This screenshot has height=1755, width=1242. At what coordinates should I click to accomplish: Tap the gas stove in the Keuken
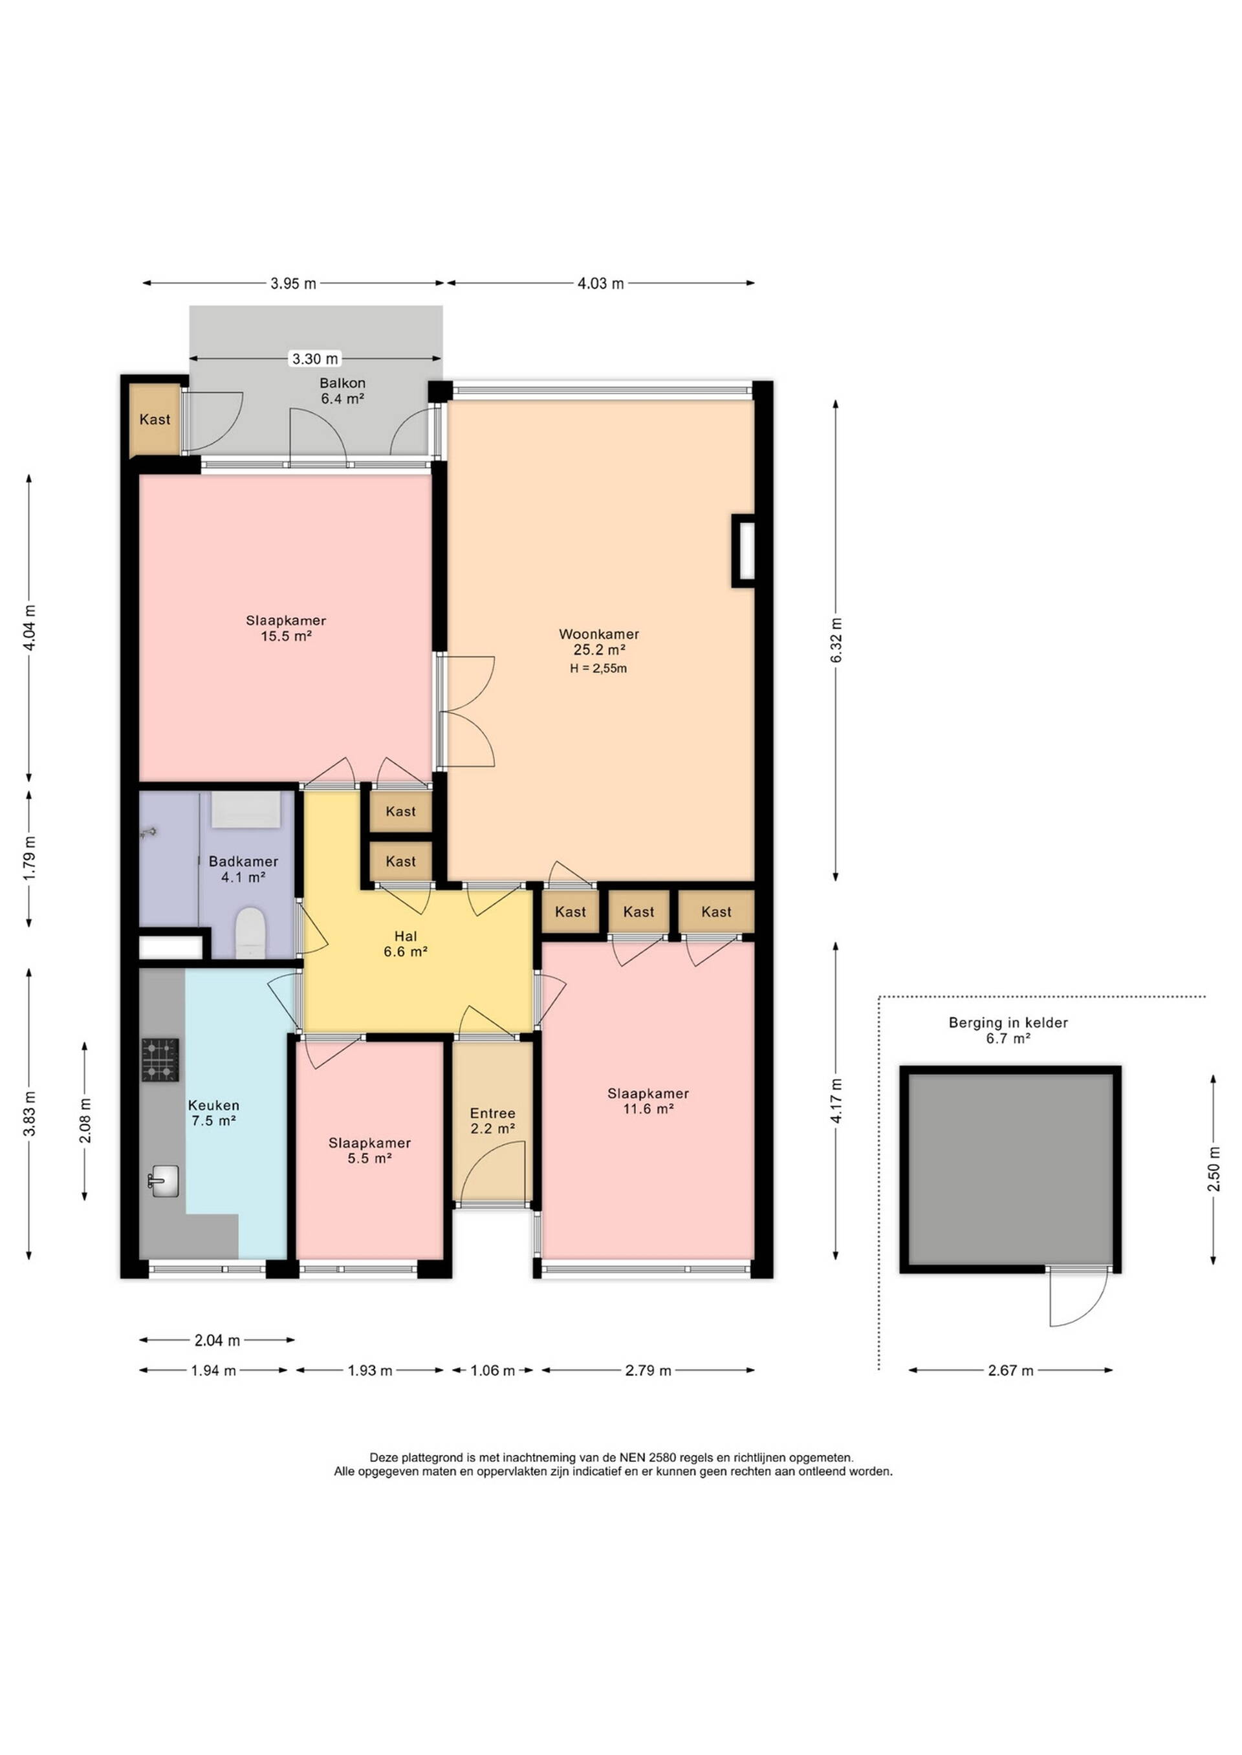pos(160,1059)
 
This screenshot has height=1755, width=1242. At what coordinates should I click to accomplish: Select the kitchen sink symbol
pos(163,1181)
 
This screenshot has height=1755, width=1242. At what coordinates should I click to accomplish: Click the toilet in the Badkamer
pos(250,932)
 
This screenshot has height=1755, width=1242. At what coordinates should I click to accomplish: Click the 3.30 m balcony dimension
pos(315,358)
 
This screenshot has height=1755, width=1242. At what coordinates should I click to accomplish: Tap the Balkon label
pos(343,383)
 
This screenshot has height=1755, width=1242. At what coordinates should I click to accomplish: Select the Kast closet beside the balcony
pos(155,420)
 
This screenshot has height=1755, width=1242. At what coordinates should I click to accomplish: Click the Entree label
pos(492,1114)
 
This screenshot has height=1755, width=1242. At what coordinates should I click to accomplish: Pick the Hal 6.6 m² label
pos(406,944)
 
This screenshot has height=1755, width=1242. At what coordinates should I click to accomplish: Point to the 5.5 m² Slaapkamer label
pos(369,1150)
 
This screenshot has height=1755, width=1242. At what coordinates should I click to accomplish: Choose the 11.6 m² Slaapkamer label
pos(649,1101)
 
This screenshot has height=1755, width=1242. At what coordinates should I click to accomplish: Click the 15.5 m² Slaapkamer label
pos(286,629)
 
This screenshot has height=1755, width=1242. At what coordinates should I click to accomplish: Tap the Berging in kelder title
pos(1008,1023)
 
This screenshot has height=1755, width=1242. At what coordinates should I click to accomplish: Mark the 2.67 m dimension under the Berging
pos(1010,1370)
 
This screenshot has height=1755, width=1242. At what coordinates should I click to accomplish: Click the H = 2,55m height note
pos(598,669)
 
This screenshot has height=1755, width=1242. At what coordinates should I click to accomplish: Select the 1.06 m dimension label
pos(492,1370)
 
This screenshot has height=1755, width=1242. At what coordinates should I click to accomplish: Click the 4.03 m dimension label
pos(600,284)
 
